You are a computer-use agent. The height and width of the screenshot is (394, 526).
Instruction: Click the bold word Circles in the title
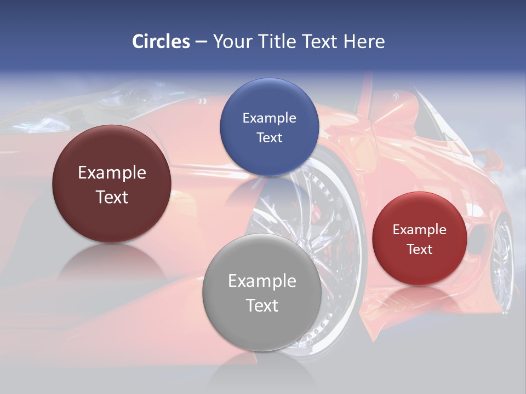tap(161, 42)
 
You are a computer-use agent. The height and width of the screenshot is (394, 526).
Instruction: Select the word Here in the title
tap(364, 42)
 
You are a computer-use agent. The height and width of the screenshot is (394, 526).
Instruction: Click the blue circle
tap(269, 126)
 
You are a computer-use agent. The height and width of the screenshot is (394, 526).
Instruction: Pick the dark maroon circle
tap(111, 184)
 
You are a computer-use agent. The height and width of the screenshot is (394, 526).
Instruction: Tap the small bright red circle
tap(419, 239)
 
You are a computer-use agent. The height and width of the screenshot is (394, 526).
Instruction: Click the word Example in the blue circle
tap(269, 118)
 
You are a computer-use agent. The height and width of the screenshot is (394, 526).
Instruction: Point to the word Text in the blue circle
tap(269, 137)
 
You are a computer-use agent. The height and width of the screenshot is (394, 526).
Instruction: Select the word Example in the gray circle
tap(261, 281)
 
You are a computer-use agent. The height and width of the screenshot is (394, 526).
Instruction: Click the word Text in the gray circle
tap(261, 305)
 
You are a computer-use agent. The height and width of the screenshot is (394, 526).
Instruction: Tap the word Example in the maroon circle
tap(112, 172)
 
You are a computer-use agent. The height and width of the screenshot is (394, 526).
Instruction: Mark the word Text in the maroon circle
tap(112, 197)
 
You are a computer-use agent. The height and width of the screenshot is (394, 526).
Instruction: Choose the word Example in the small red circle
tap(419, 229)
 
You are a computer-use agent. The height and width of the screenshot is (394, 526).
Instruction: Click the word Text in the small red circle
tap(419, 249)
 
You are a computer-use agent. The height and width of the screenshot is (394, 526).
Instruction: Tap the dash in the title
tap(201, 42)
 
